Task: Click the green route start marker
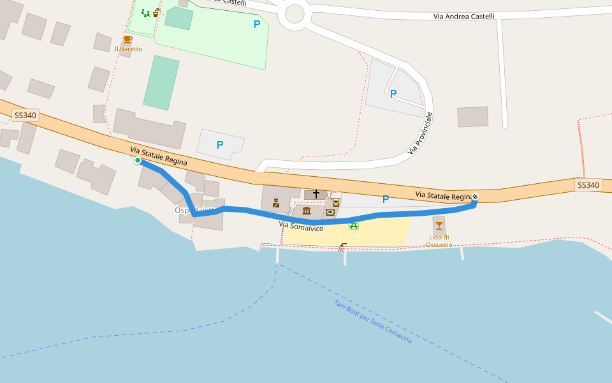[x=138, y=160]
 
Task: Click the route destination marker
[x=474, y=197]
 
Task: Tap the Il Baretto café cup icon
[x=127, y=40]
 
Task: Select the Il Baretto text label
[x=128, y=49]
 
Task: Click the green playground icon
[x=145, y=13]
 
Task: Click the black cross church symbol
[x=316, y=193]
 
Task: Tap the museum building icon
[x=307, y=211]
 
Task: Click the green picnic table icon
[x=353, y=225]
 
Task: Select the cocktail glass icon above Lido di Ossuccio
[x=439, y=225]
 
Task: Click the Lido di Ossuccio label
[x=439, y=241]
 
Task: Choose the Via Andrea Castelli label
[x=463, y=17]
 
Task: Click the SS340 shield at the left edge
[x=25, y=116]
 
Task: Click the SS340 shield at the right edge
[x=588, y=185]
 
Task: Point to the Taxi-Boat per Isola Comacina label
[x=373, y=322]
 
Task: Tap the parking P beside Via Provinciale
[x=393, y=94]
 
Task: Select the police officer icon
[x=276, y=203]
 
